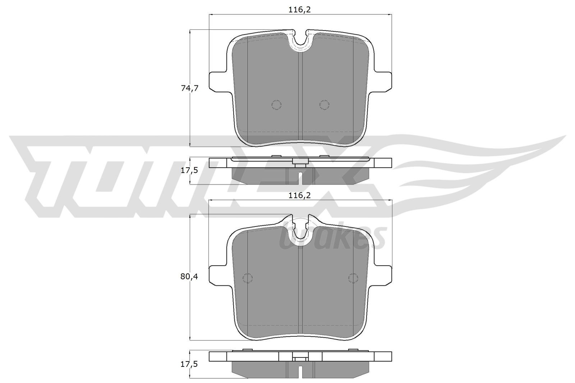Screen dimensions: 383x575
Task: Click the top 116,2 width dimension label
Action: pyautogui.click(x=299, y=10)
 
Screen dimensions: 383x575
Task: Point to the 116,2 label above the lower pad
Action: pyautogui.click(x=299, y=195)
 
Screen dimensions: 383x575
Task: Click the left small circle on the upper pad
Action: pyautogui.click(x=276, y=104)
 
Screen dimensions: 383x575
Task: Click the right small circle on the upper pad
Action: pyautogui.click(x=324, y=104)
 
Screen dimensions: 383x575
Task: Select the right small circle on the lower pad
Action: pyautogui.click(x=354, y=278)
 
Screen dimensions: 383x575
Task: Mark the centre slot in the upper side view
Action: pyautogui.click(x=300, y=177)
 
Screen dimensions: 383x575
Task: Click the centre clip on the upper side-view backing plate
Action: pyautogui.click(x=300, y=163)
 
